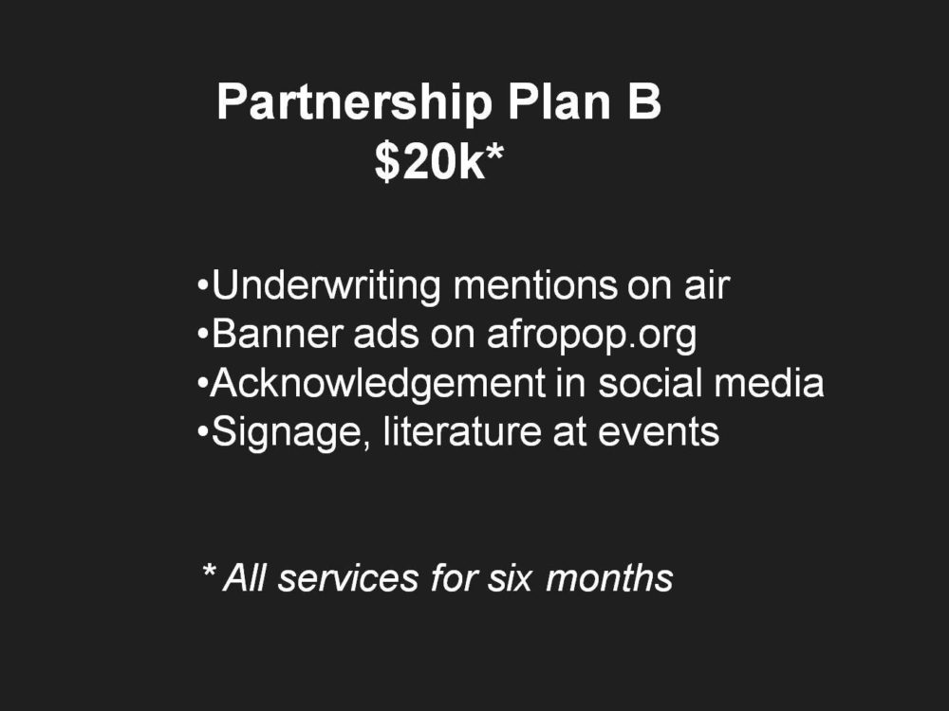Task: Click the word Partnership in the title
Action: (354, 102)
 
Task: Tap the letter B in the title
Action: (643, 102)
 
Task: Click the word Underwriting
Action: (326, 285)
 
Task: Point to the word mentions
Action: (535, 285)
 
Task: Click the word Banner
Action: (277, 334)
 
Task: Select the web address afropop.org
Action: (592, 335)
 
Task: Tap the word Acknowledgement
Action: (378, 383)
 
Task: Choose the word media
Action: (769, 383)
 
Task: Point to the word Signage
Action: (287, 432)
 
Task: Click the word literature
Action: (462, 431)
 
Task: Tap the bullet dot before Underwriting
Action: (203, 285)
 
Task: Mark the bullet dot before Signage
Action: (203, 431)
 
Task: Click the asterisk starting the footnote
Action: (209, 570)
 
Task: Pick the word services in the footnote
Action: (348, 578)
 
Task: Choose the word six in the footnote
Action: (510, 578)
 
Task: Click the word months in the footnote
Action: (609, 577)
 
